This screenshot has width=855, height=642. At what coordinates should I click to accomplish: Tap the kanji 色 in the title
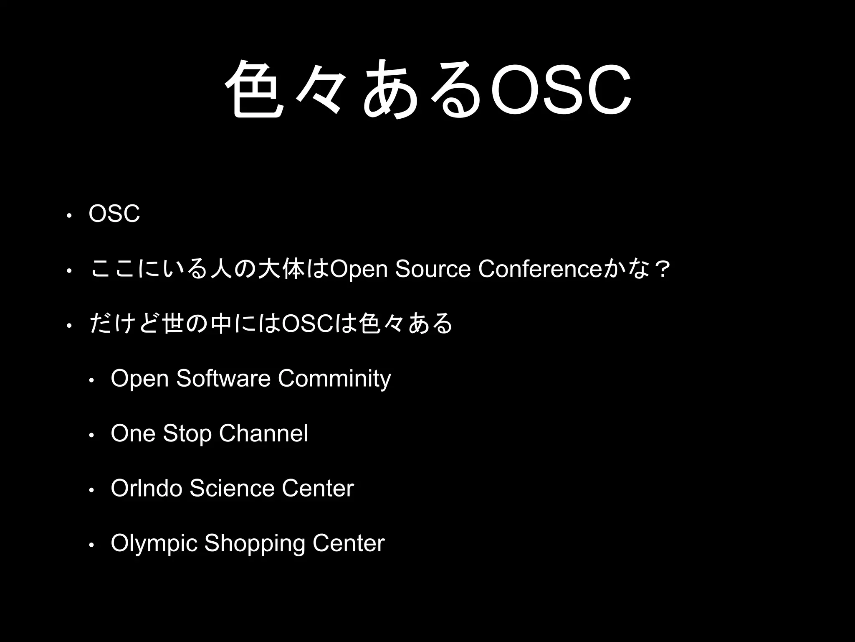tap(255, 89)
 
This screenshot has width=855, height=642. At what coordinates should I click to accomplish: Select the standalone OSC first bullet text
tap(114, 214)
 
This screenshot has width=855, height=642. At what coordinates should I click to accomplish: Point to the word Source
tap(433, 269)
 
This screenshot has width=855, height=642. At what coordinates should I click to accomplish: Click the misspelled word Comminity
tap(334, 379)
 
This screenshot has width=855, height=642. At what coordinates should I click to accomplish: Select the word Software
tap(223, 379)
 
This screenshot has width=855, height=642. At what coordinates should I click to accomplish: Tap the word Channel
tap(263, 433)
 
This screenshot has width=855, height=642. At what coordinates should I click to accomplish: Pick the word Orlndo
tap(146, 488)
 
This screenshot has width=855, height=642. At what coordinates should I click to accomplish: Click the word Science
tap(232, 488)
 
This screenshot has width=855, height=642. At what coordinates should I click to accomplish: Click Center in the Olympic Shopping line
tap(348, 543)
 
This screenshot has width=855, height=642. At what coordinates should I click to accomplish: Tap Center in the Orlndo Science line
tap(317, 488)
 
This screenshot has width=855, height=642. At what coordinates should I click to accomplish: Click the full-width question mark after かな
tap(660, 269)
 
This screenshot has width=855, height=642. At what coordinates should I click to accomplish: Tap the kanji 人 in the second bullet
tap(220, 270)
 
